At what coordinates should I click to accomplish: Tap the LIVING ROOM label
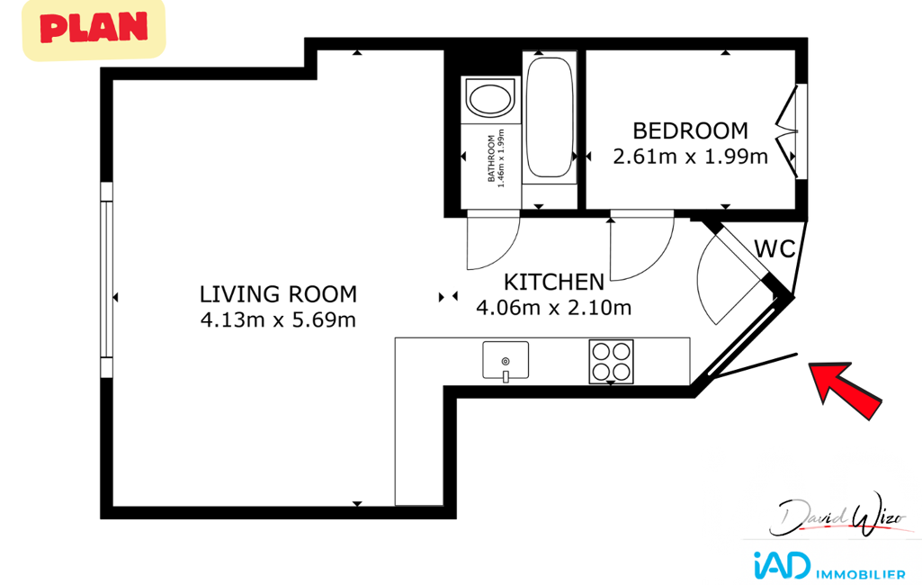pyautogui.click(x=278, y=294)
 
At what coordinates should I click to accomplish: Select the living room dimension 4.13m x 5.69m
pyautogui.click(x=278, y=320)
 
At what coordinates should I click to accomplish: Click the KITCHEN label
pyautogui.click(x=554, y=283)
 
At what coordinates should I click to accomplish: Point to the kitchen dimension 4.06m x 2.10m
pyautogui.click(x=554, y=308)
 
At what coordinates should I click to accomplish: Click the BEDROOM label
pyautogui.click(x=690, y=130)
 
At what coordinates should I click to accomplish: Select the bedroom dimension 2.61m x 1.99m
pyautogui.click(x=690, y=157)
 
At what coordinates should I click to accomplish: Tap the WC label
pyautogui.click(x=775, y=249)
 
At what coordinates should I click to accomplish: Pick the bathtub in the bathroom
pyautogui.click(x=550, y=117)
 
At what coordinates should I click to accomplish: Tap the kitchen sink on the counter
pyautogui.click(x=506, y=361)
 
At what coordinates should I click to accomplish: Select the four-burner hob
pyautogui.click(x=611, y=362)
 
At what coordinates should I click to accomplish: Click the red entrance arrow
pyautogui.click(x=845, y=389)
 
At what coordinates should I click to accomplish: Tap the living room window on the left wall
pyautogui.click(x=106, y=279)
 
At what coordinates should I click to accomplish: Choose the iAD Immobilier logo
pyautogui.click(x=829, y=567)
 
